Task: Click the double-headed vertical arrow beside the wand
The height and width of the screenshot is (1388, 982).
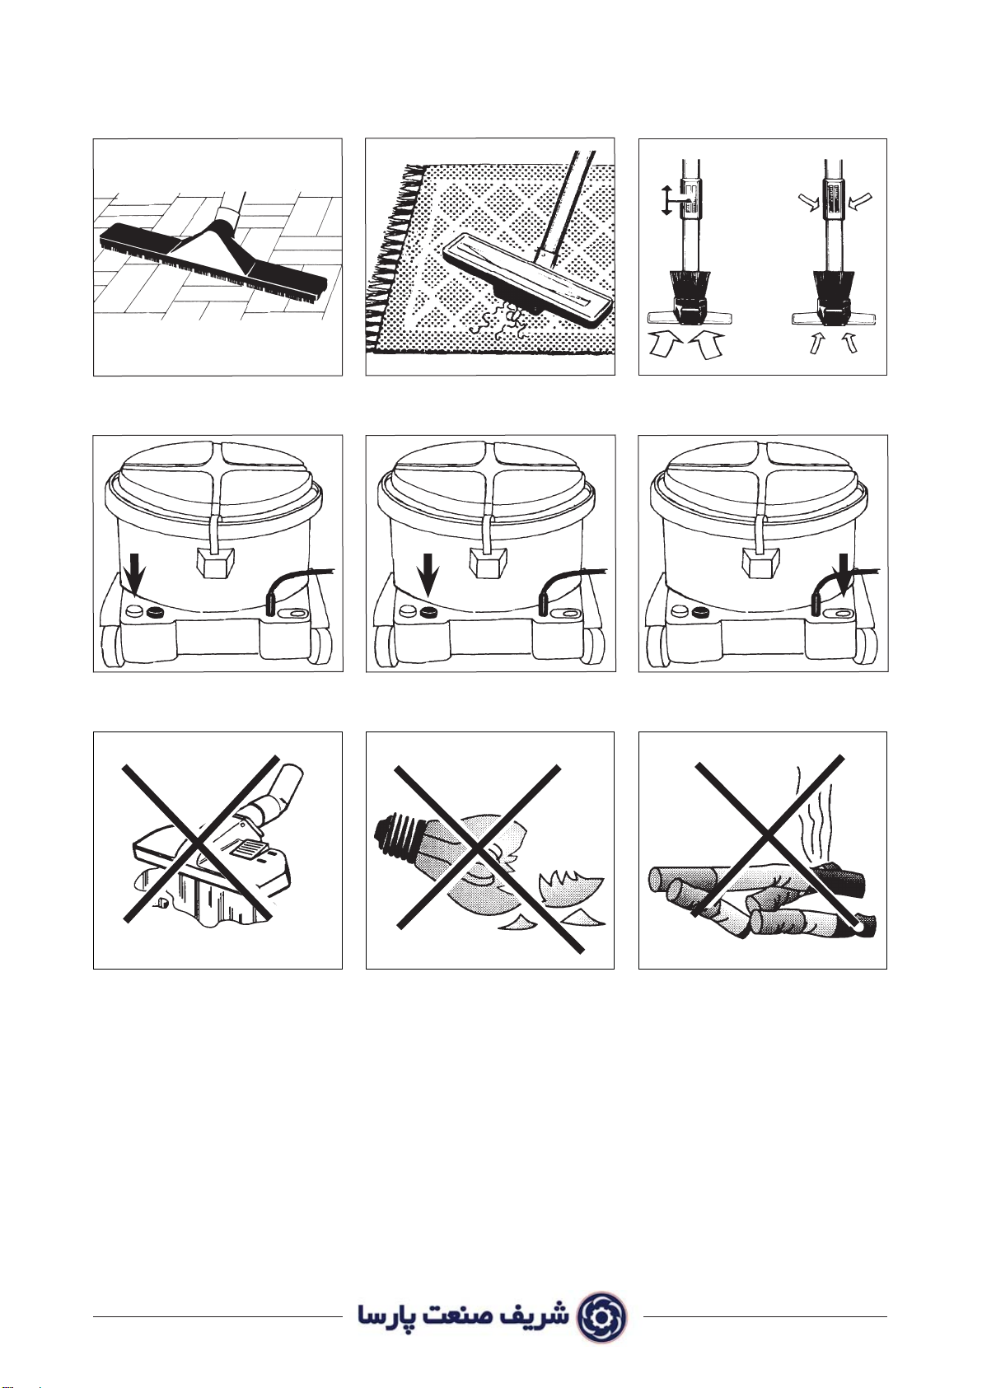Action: pos(666,200)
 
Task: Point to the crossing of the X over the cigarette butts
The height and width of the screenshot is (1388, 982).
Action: pos(767,837)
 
